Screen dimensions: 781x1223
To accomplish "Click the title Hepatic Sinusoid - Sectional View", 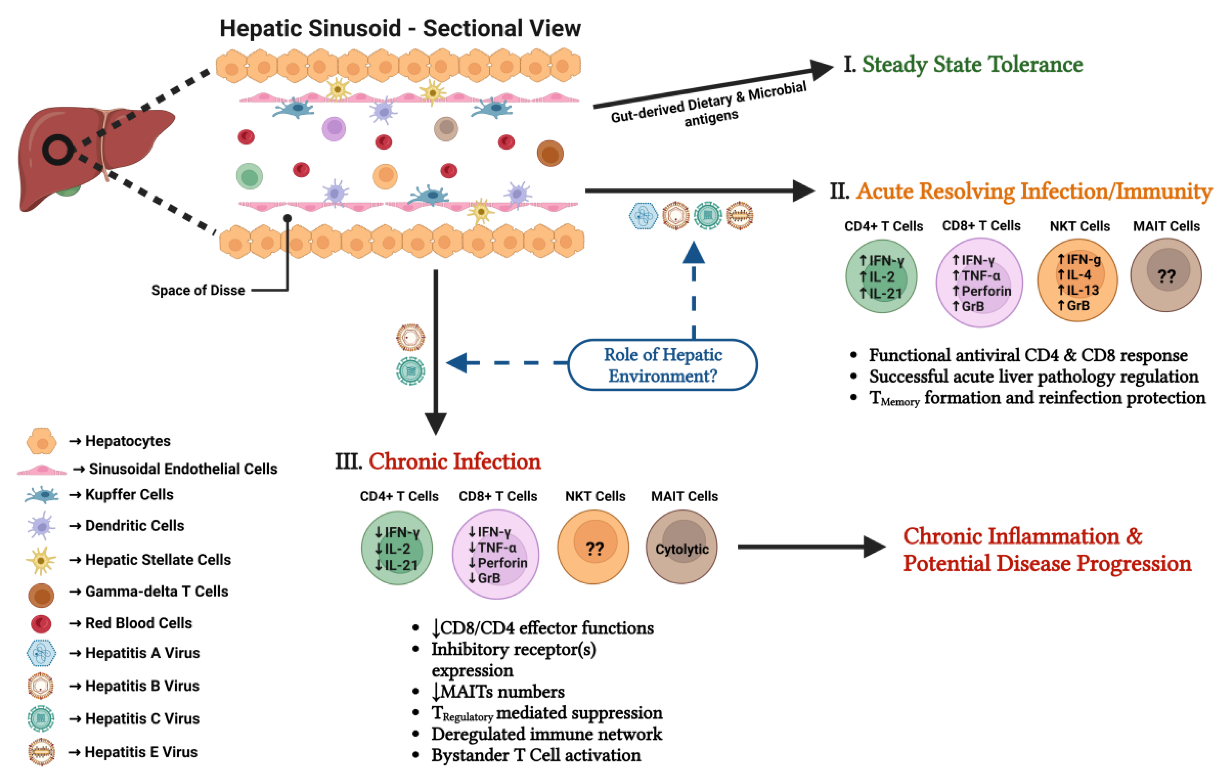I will [400, 28].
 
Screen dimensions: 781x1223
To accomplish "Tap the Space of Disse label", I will [198, 290].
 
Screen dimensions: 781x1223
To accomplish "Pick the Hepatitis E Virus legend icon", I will [41, 752].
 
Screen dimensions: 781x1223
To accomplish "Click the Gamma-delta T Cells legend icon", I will [41, 595].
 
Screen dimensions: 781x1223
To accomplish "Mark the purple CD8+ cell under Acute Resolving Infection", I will [980, 283].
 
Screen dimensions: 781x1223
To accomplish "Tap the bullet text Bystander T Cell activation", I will [536, 755].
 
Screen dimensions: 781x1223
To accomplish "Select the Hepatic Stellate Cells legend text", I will [158, 560].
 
